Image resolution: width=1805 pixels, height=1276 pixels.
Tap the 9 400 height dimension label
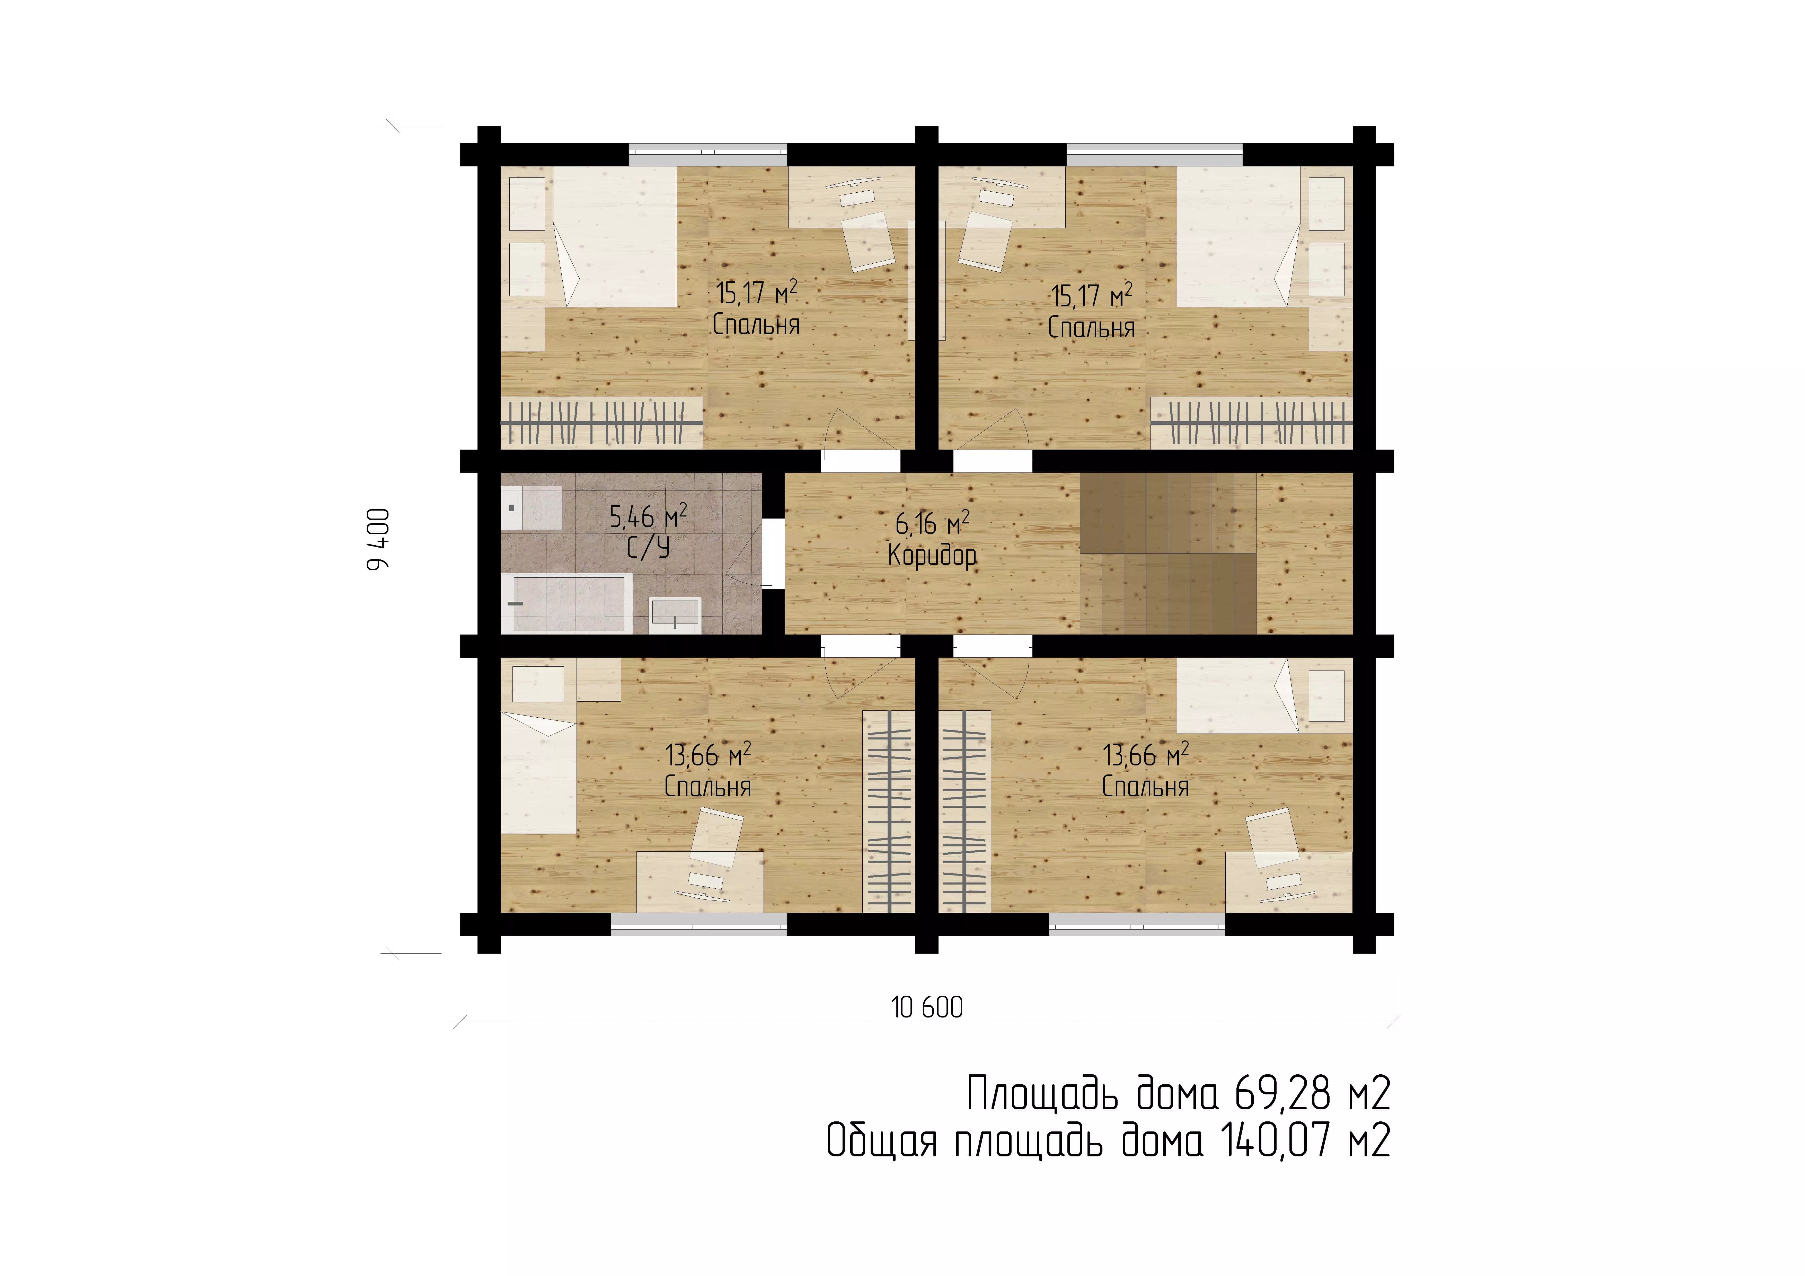379,540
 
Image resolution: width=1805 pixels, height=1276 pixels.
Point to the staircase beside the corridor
1168,554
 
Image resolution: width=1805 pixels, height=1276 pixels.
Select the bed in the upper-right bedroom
1239,236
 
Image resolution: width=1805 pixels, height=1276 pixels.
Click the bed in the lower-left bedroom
539,773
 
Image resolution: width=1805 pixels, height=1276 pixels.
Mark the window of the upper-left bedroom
707,154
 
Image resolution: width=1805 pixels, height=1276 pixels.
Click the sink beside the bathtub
675,615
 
